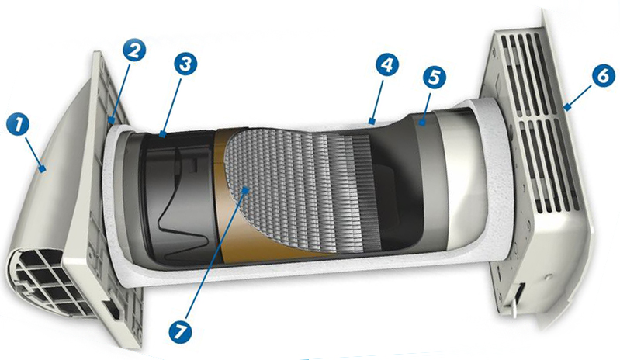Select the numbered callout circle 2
pos(134,50)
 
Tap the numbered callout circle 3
pos(185,64)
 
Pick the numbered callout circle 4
pos(387,65)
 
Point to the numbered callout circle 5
pos(435,77)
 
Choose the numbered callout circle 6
pos(604,76)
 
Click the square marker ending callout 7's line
pos(246,190)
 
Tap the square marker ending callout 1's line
pos(42,170)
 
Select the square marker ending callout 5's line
pos(423,123)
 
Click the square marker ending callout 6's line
pos(567,107)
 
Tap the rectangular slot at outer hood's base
pos(112,310)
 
